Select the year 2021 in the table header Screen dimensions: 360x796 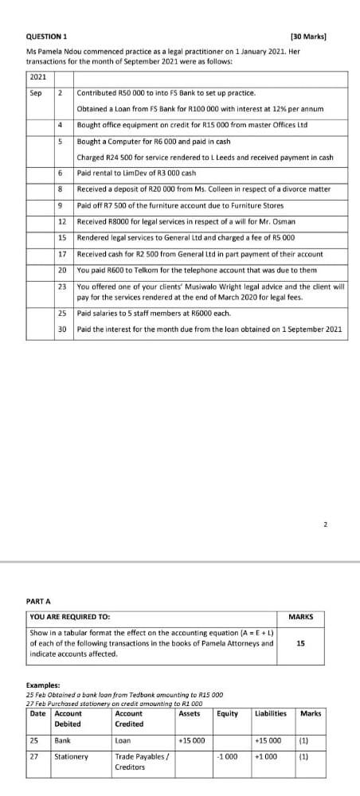click(x=37, y=77)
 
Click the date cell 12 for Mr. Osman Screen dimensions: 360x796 click(x=61, y=220)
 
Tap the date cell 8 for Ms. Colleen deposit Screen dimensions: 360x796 click(x=61, y=188)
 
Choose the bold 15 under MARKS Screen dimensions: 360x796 click(x=300, y=643)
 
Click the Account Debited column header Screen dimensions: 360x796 click(x=68, y=719)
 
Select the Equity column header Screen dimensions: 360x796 click(x=228, y=713)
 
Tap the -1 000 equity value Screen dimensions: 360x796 click(x=228, y=757)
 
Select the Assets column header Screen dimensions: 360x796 click(x=190, y=713)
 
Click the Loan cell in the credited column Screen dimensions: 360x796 click(x=123, y=740)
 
